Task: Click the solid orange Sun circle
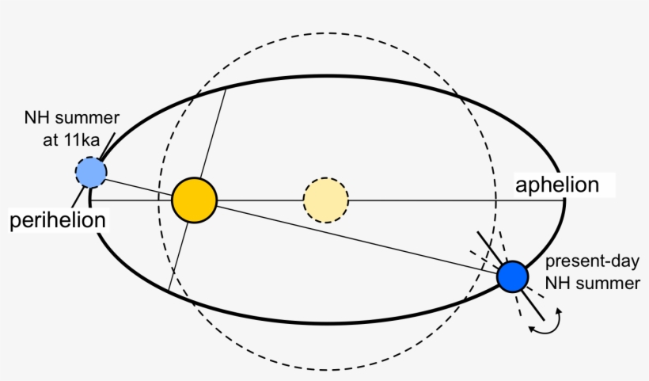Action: (194, 200)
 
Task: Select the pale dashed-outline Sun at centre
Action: (326, 200)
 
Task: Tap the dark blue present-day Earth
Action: (512, 276)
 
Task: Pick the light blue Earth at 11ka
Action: (91, 172)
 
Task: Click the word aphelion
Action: (556, 185)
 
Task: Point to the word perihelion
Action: (58, 220)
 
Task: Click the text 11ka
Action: (82, 140)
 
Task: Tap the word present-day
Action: (592, 261)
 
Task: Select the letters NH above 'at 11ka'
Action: (34, 117)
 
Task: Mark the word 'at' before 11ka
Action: (50, 140)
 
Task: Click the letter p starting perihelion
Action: (15, 222)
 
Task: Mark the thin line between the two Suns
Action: (260, 200)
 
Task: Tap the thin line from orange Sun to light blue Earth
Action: (139, 188)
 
